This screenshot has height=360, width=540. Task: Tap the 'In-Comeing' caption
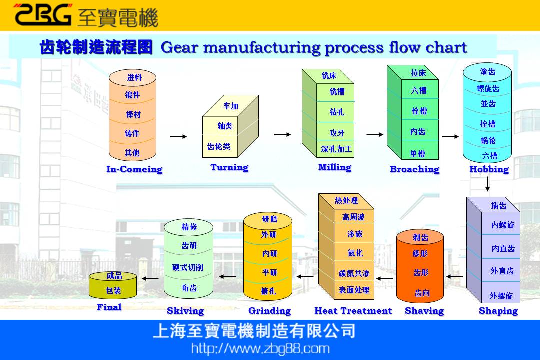[x=134, y=169]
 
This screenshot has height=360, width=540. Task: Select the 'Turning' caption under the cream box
[x=229, y=167]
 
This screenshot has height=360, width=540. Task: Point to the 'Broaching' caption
[x=414, y=169]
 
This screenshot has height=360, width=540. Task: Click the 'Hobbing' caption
[x=489, y=169]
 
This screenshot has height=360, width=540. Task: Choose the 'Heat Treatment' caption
[x=353, y=311]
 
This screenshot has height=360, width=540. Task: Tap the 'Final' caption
[x=109, y=307]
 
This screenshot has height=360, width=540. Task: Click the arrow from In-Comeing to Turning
[x=178, y=136]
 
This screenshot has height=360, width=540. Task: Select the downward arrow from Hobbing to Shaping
[x=487, y=184]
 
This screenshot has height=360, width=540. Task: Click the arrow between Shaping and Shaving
[x=454, y=276]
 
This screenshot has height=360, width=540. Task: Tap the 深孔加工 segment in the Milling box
[x=336, y=149]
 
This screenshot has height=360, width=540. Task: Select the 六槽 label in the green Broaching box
[x=419, y=90]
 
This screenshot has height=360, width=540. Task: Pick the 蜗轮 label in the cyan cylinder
[x=488, y=141]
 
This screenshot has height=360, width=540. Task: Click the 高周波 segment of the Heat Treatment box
[x=353, y=217]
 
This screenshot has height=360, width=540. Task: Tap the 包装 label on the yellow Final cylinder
[x=113, y=290]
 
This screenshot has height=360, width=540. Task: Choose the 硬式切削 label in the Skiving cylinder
[x=187, y=267]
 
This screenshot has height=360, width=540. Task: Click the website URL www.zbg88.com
[x=260, y=348]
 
